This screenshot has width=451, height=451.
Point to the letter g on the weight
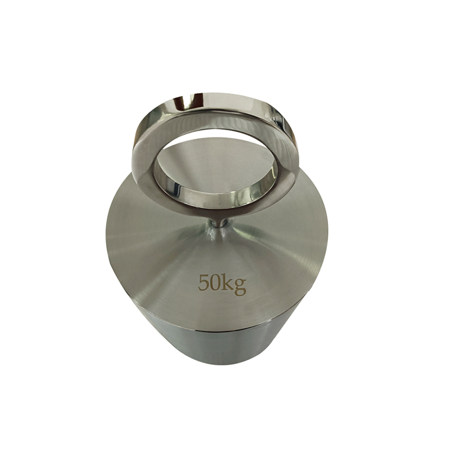(240, 286)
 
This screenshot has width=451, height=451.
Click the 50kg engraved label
(222, 284)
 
